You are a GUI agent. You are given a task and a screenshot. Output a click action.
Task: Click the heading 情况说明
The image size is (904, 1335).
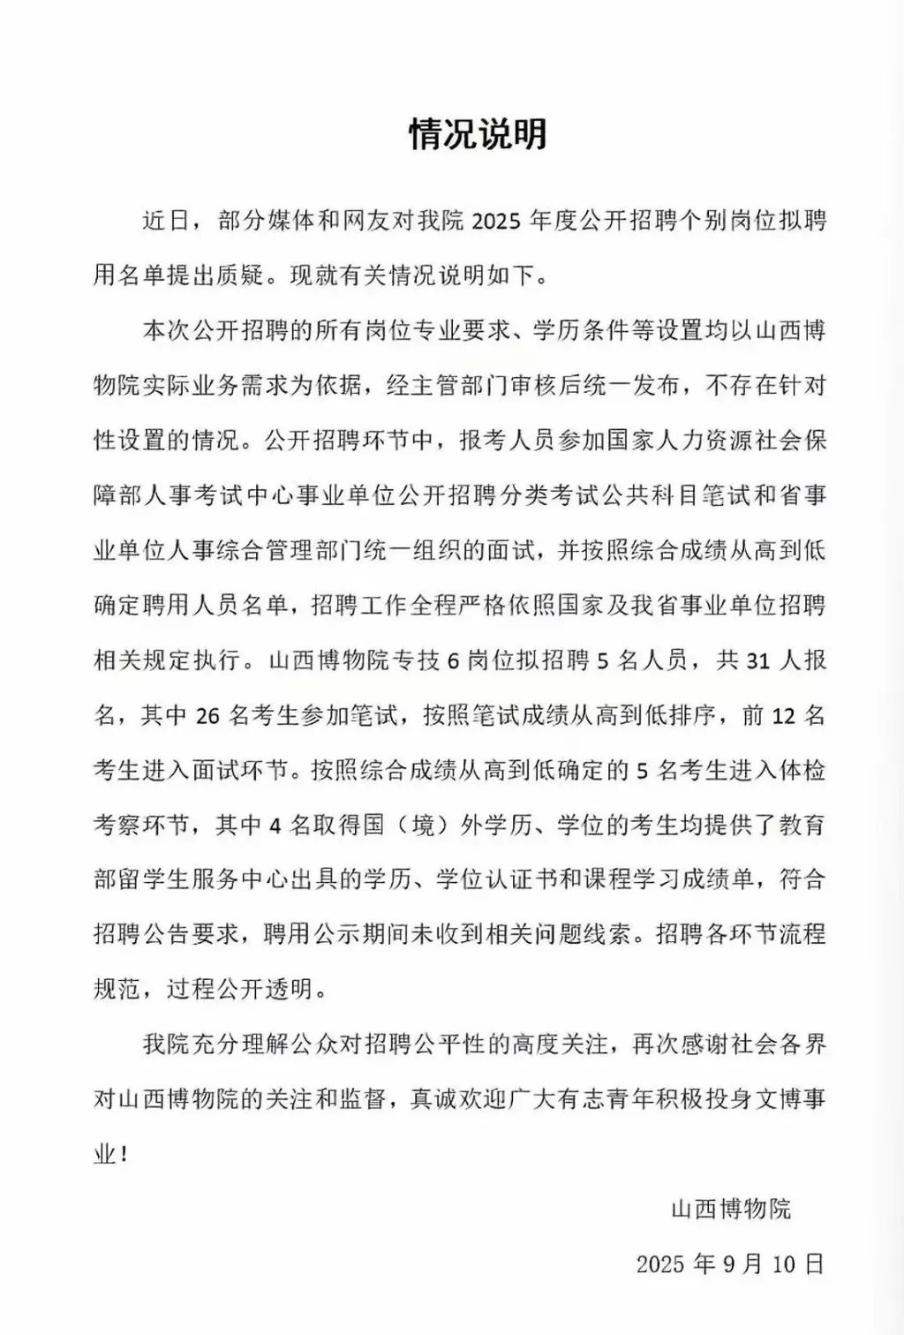(478, 134)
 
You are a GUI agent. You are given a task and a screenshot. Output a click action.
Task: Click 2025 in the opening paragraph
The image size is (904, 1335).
(495, 221)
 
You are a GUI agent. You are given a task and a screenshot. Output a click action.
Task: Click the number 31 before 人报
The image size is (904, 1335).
(758, 660)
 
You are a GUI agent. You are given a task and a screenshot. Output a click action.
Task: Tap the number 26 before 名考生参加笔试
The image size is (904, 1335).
(207, 715)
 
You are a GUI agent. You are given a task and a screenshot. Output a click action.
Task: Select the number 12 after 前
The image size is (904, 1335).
(784, 715)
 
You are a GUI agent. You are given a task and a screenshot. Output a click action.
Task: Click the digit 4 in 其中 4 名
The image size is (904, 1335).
(275, 826)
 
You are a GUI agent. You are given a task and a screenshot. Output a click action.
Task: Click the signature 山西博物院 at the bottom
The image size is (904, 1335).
(731, 1209)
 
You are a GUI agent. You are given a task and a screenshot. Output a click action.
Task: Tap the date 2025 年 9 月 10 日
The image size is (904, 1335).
(729, 1263)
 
